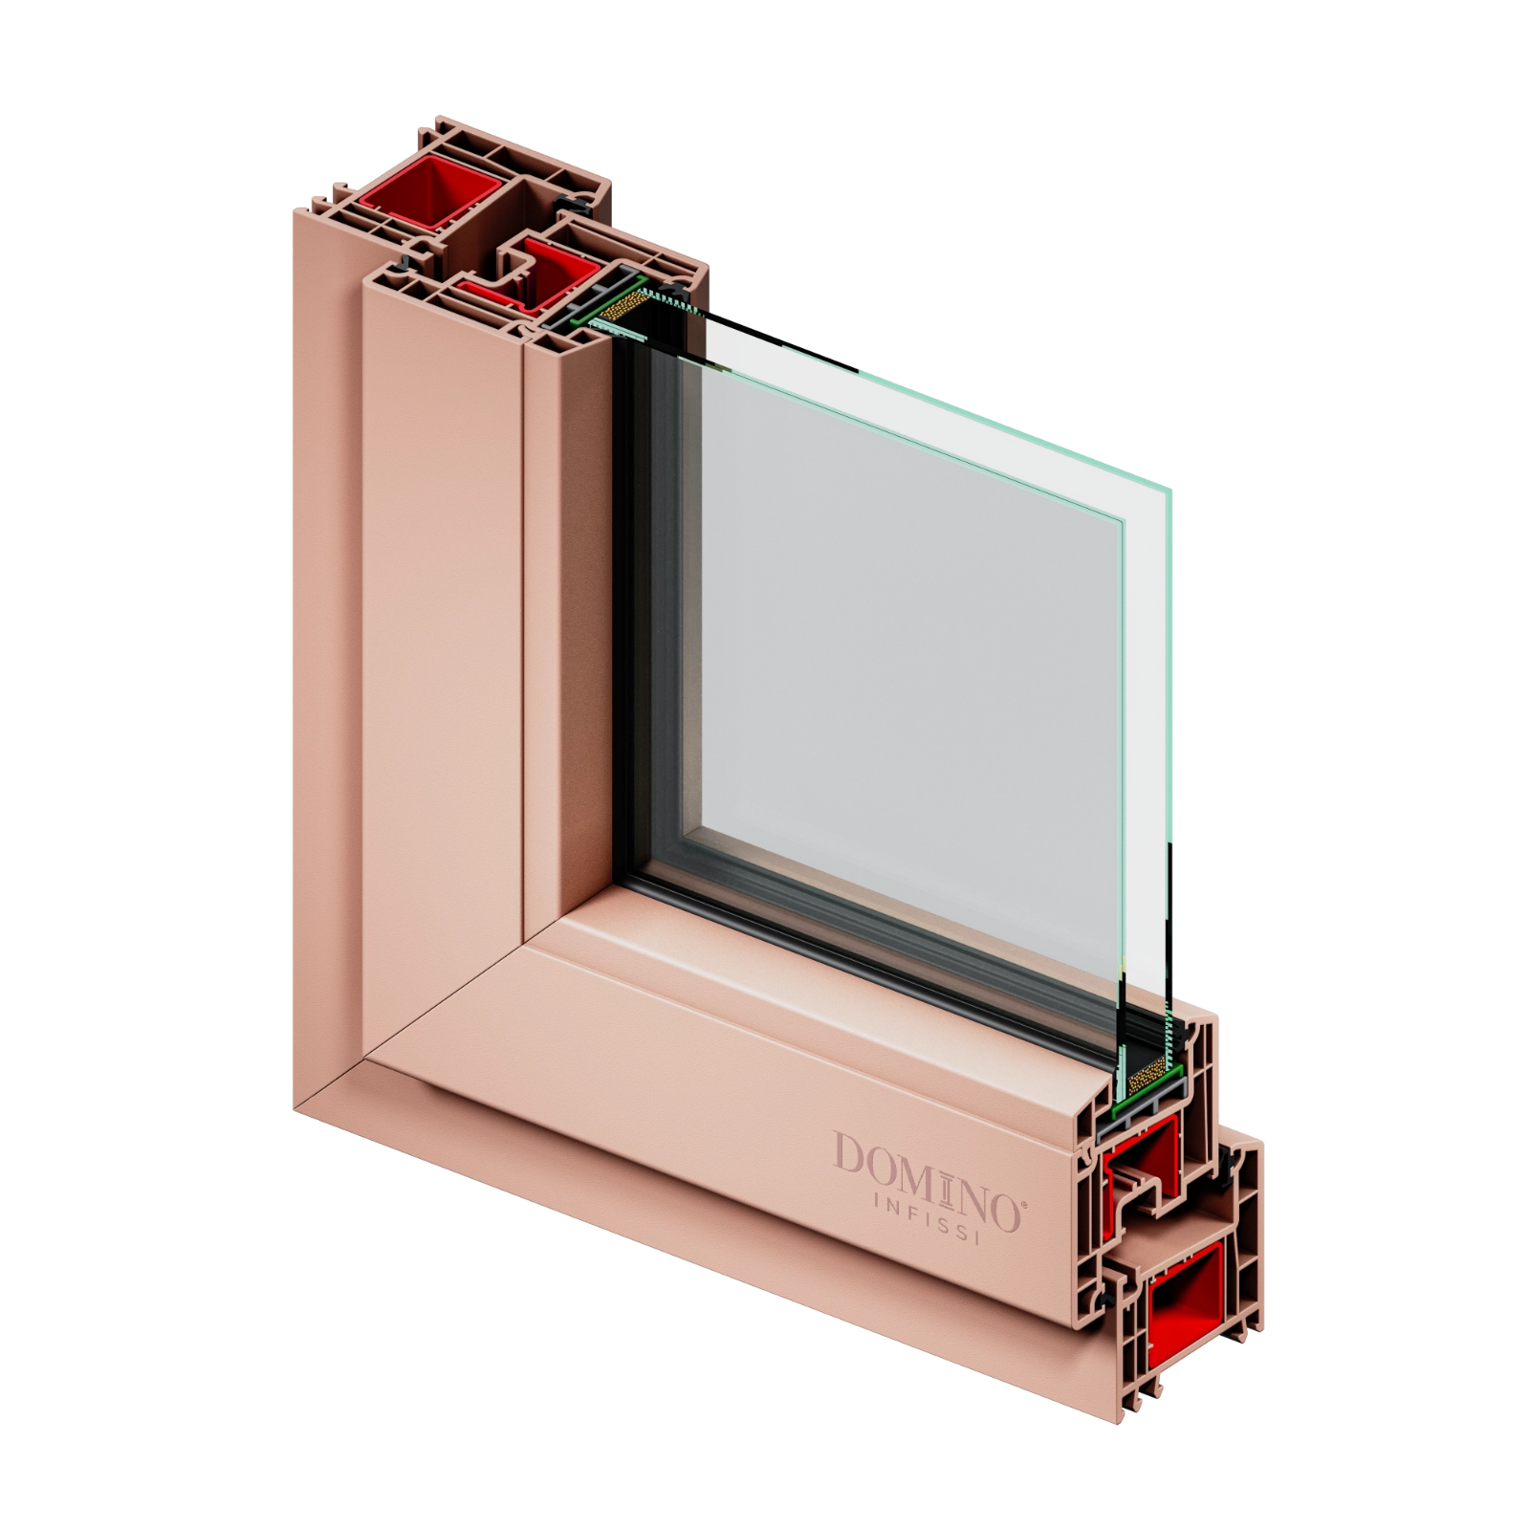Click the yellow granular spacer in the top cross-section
pyautogui.click(x=625, y=304)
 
